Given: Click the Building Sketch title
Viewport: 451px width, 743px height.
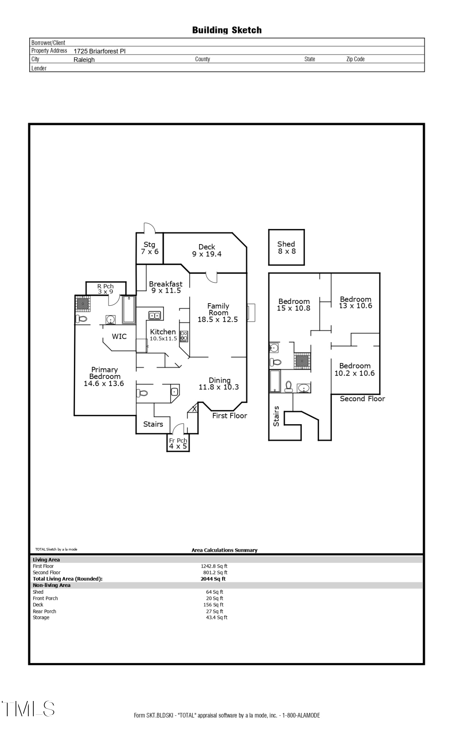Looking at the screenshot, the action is [x=227, y=30].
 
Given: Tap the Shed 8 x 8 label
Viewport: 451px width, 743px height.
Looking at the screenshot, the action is [x=286, y=247].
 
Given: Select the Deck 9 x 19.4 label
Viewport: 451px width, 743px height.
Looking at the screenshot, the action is [x=207, y=250].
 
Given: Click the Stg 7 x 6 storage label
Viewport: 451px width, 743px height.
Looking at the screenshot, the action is [x=149, y=248].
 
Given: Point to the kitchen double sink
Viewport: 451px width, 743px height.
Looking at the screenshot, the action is [x=155, y=315].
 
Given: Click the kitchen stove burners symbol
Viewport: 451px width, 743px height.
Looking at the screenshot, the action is [x=184, y=336].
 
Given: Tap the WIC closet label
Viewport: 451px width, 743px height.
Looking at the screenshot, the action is [x=119, y=336].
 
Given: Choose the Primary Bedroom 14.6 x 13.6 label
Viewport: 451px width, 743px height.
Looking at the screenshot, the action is [x=104, y=376].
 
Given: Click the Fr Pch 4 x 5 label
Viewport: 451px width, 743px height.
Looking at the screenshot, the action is [x=178, y=443].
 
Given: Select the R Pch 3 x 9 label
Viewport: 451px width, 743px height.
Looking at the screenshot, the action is [x=106, y=289].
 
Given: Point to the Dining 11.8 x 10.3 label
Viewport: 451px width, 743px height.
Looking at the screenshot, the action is [x=219, y=383].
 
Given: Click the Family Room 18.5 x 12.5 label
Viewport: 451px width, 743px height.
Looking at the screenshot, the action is [x=218, y=312].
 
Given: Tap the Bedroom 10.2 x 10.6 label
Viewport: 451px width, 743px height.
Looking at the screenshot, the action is [x=355, y=369].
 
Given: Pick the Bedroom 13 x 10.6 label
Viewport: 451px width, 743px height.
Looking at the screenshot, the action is [x=356, y=302].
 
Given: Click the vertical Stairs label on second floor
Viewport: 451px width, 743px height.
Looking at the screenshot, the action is [x=276, y=416].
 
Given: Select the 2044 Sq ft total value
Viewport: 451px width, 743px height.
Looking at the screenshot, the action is [x=213, y=578].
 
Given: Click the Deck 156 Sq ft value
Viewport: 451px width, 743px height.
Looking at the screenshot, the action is [x=213, y=604].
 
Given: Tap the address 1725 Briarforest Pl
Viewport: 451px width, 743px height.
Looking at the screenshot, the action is [x=100, y=51].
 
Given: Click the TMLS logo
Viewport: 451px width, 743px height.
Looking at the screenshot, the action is [x=28, y=708].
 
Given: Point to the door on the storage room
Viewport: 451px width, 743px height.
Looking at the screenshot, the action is [x=149, y=227].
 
